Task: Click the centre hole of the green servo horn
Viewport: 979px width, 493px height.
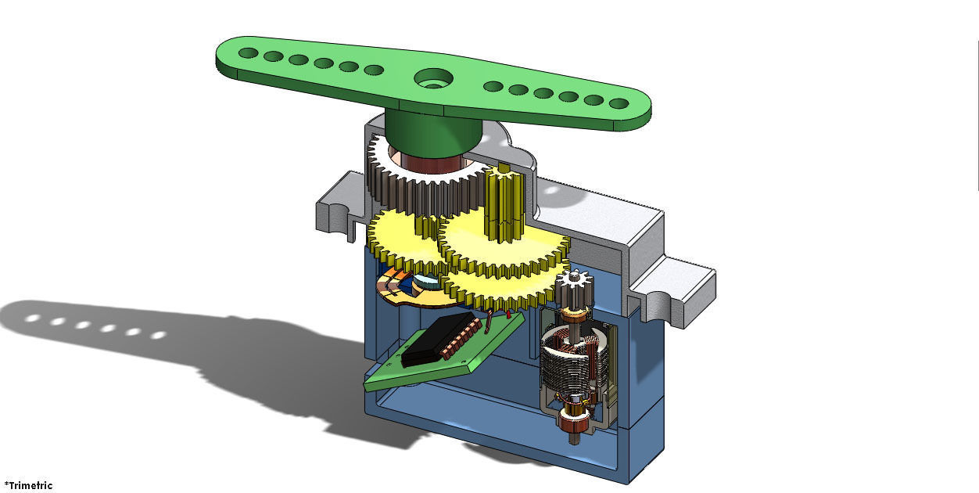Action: [432, 78]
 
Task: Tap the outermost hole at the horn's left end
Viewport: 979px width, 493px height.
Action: [248, 53]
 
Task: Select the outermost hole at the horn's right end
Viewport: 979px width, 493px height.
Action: [619, 103]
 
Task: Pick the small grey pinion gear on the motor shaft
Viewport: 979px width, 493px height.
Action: [575, 290]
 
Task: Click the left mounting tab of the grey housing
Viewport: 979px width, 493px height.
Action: [336, 208]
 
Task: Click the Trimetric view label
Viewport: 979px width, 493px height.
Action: [28, 485]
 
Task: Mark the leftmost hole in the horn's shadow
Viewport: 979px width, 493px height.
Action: [34, 318]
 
